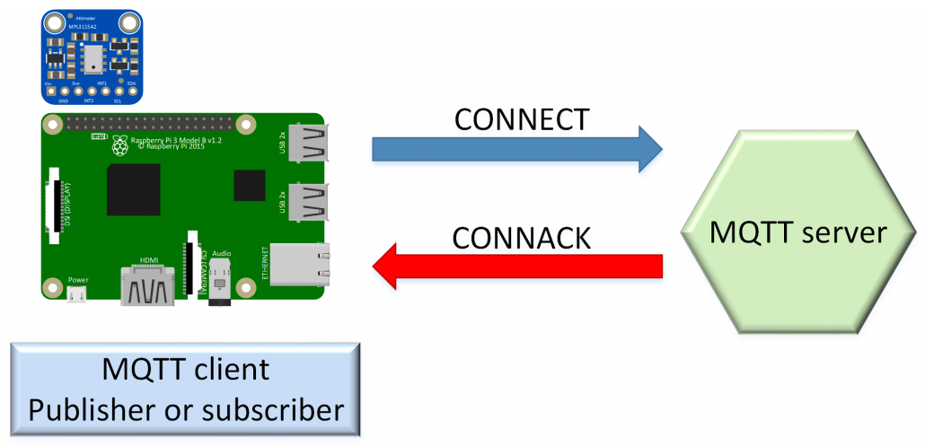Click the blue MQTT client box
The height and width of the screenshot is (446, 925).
pyautogui.click(x=186, y=390)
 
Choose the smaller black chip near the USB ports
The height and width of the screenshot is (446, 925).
pyautogui.click(x=249, y=186)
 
